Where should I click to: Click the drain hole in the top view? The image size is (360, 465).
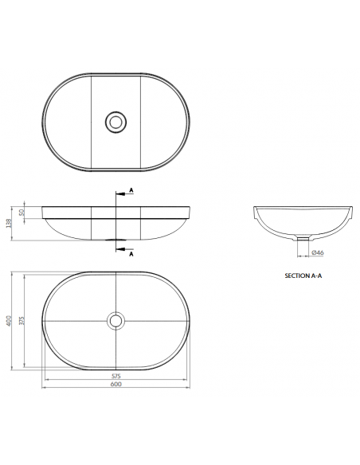coord(116,122)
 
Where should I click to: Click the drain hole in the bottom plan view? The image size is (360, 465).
coord(116,320)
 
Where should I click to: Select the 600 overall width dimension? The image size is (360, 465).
coord(116,385)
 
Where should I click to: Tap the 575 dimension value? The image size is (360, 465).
coord(116,374)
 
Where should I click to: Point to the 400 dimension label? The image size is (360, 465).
coord(9,321)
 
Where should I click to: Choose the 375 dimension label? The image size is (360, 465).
coord(24,320)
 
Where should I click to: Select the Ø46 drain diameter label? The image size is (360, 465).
coord(316,253)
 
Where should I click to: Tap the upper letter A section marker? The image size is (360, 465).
coord(131,191)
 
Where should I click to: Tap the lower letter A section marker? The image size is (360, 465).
coord(131,253)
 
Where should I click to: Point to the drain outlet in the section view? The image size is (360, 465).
coord(300,237)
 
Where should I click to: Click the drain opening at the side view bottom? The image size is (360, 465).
coord(116,239)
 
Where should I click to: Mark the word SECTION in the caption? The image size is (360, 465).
coord(297,275)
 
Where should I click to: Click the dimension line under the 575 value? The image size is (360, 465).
coord(116,379)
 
